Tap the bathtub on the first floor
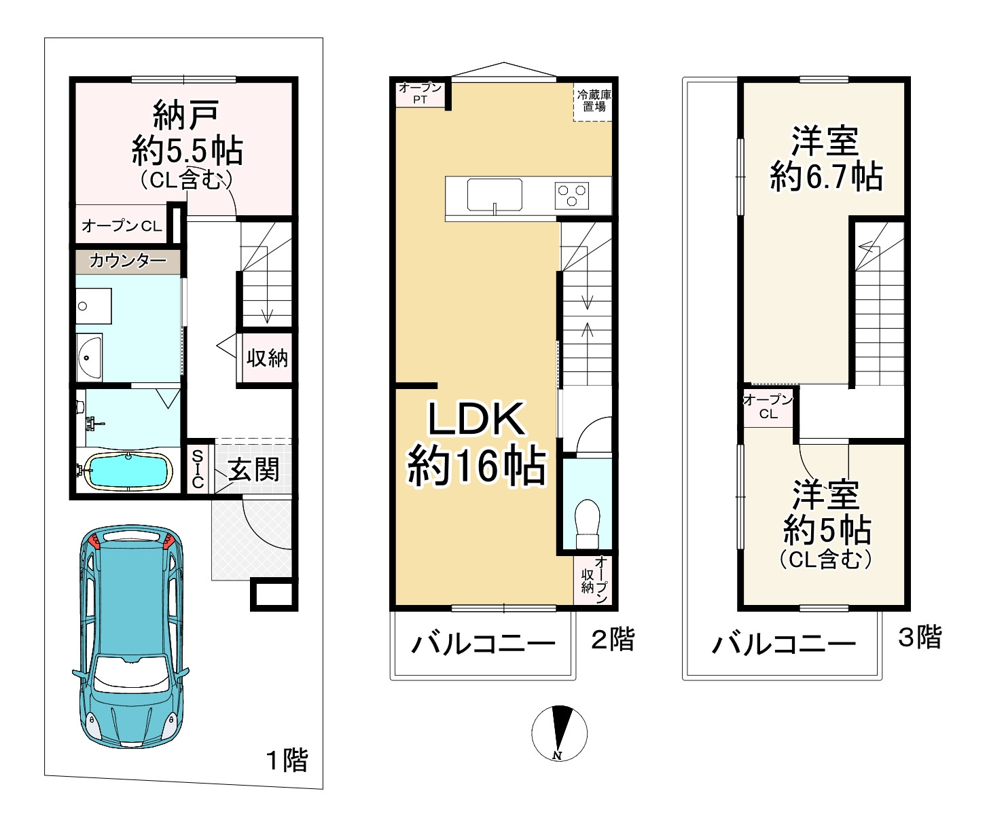tap(128, 471)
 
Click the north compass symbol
tap(559, 733)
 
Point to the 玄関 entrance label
tap(253, 469)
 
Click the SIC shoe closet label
tap(198, 468)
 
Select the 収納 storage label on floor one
tap(267, 358)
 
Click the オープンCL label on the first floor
tap(122, 226)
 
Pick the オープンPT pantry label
tap(420, 94)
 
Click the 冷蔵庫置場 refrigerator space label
tap(594, 100)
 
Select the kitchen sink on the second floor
tap(495, 195)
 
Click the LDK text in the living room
tap(476, 419)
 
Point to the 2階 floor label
tap(613, 639)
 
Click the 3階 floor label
tap(920, 637)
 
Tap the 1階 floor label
tap(286, 760)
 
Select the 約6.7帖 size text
tap(826, 177)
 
